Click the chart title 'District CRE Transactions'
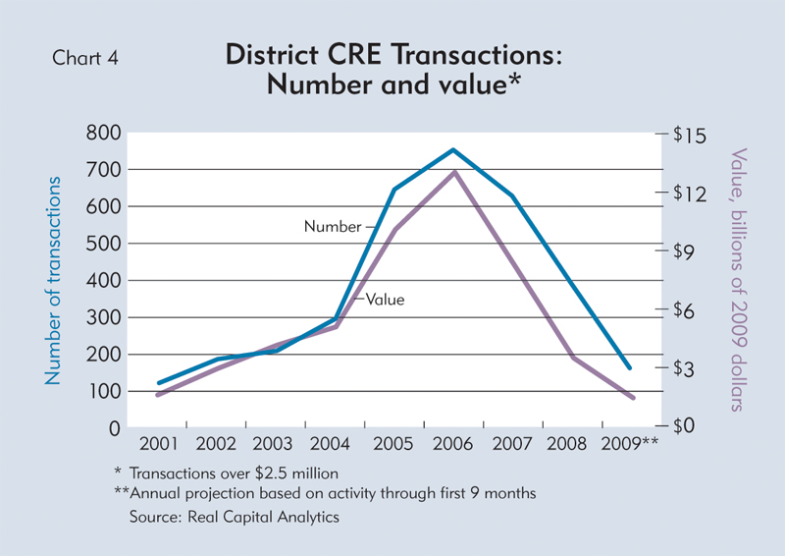pos(392,55)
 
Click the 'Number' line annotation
pos(333,227)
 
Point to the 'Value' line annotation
pos(386,300)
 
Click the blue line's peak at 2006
pos(453,150)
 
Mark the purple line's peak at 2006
pos(453,173)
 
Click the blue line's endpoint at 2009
pos(630,368)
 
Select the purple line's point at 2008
pos(573,358)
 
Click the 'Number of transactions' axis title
pos(56,281)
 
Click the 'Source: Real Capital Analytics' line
pos(234,517)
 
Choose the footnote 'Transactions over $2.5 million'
pos(233,473)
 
